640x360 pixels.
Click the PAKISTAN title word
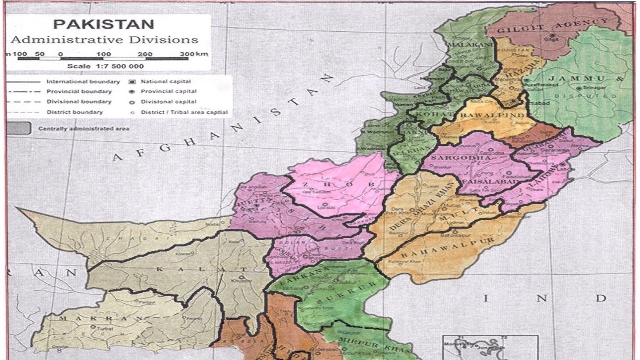click(x=104, y=24)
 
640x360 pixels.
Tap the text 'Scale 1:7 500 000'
click(x=105, y=66)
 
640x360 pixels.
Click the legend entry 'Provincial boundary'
click(x=79, y=91)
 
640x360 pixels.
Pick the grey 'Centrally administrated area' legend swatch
click(x=18, y=128)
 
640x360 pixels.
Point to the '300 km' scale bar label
click(x=193, y=54)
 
